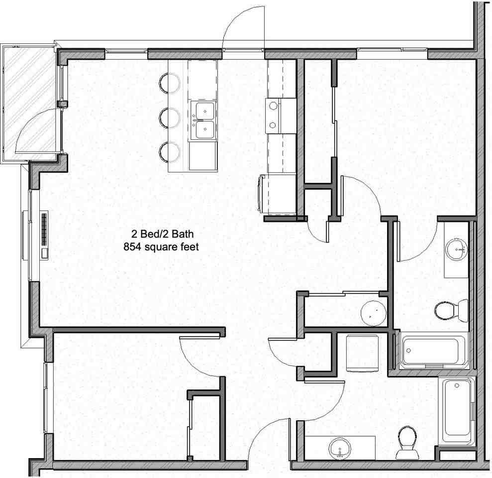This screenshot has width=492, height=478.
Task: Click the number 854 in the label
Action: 132,246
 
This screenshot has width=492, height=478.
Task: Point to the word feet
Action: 190,246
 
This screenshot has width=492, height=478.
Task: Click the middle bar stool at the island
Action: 170,118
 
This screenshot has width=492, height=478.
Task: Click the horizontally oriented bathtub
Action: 431,352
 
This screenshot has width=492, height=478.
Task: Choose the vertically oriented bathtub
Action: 457,411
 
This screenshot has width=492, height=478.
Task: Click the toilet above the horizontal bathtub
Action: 450,311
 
